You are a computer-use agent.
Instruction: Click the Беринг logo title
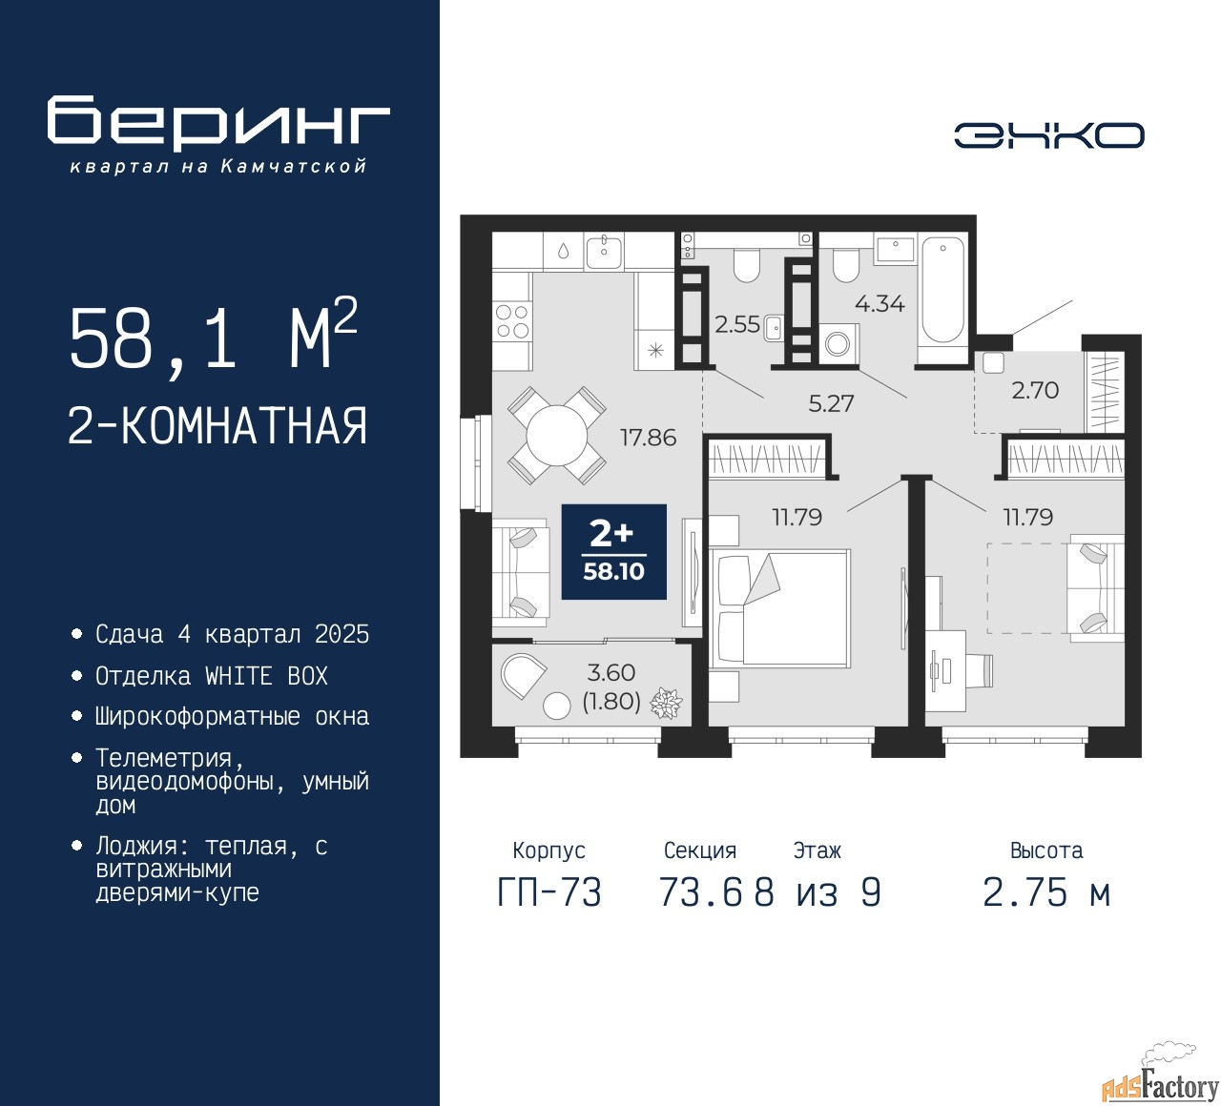coord(217,123)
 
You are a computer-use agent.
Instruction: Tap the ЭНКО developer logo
coord(1048,135)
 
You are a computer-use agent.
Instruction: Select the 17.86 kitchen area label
coord(649,438)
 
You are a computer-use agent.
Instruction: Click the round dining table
coord(557,436)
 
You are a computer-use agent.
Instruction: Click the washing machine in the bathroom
coord(838,343)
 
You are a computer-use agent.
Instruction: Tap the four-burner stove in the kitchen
coord(512,321)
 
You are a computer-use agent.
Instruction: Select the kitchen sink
coord(604,252)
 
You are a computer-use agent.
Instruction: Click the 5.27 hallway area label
coord(831,403)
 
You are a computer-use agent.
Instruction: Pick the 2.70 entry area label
coord(1035,390)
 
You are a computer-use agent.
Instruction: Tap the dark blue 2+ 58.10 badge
coord(613,552)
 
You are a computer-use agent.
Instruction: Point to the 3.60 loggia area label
coord(611,672)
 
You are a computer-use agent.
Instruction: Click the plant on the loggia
coord(667,704)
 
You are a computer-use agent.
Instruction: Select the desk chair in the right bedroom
coord(977,670)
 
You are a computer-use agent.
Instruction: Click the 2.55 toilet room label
coord(737,324)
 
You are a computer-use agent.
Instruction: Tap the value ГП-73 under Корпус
coord(549,892)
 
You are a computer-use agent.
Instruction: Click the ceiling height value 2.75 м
coord(1046,892)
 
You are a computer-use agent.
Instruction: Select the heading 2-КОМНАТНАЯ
coord(217,426)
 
